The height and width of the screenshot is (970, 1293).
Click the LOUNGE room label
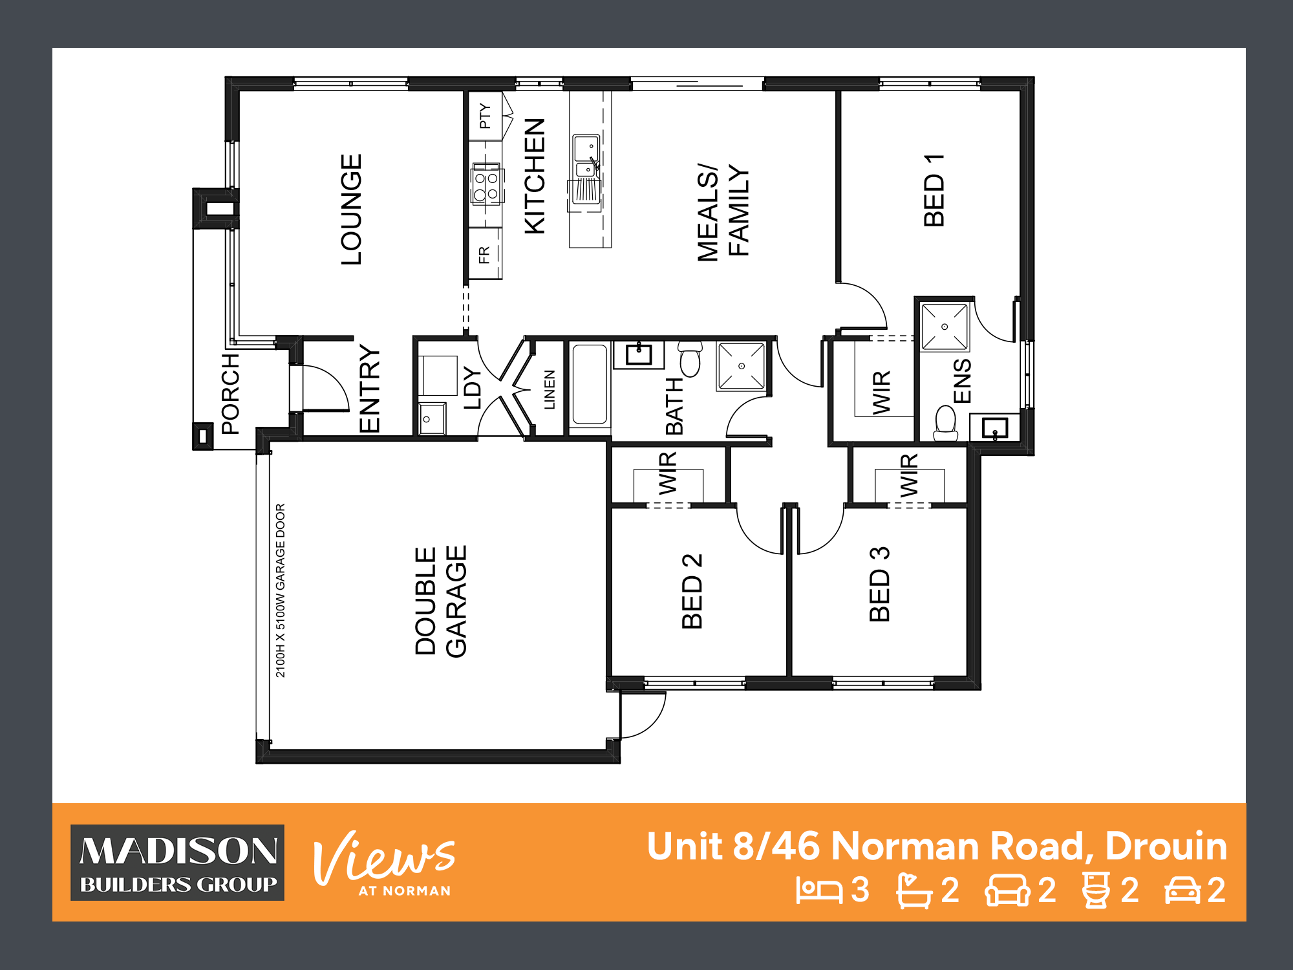pos(351,210)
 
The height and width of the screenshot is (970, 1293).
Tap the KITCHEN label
pos(535,176)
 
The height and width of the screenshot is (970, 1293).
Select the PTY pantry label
pos(485,116)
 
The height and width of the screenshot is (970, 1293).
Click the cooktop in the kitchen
pos(486,184)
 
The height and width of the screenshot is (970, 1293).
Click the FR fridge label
pos(484,255)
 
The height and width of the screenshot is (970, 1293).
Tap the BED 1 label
pos(934,191)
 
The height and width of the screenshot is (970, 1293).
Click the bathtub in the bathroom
pos(590,385)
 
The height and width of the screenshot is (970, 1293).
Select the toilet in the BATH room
pos(690,360)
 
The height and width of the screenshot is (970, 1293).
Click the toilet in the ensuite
pos(946,422)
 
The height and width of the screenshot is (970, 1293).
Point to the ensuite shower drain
pos(945,327)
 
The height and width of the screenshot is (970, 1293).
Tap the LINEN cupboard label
pos(550,389)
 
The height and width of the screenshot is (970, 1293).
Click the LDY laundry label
pos(473,388)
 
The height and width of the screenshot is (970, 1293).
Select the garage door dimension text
pos(281,590)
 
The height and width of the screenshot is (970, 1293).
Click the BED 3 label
pos(880,584)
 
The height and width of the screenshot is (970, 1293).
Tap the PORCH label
pos(230,393)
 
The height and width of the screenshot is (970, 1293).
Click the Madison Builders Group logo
pos(178,863)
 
